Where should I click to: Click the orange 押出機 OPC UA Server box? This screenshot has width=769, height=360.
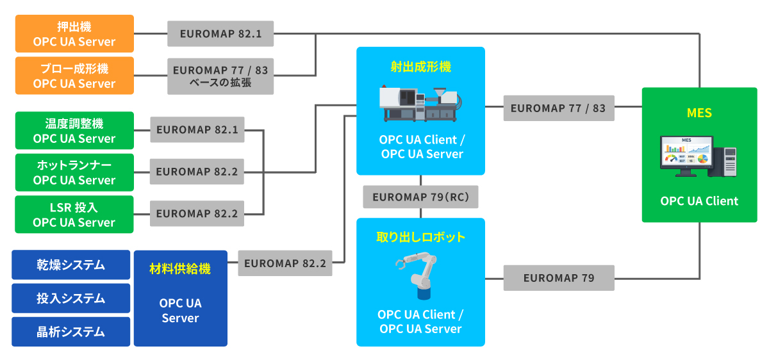[74, 33]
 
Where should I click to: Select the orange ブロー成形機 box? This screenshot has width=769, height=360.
[74, 76]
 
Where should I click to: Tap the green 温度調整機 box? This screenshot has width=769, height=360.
[74, 131]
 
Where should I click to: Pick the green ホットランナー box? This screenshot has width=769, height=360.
[74, 172]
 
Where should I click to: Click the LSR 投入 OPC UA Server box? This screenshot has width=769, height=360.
[74, 214]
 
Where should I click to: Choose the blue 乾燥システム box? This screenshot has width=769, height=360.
[70, 265]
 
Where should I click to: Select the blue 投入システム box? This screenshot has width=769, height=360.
[70, 299]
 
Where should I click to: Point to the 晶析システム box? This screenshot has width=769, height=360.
[70, 332]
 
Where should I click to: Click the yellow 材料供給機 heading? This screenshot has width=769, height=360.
[180, 268]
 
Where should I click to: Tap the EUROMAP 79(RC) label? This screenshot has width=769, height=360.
[420, 197]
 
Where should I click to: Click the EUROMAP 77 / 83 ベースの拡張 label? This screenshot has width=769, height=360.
[220, 76]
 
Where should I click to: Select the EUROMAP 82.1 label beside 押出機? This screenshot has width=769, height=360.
[220, 33]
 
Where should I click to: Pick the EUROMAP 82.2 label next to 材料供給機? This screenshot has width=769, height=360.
[285, 263]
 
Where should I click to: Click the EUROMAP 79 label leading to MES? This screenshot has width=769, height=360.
[559, 278]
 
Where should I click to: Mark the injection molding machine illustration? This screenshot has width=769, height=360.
[420, 104]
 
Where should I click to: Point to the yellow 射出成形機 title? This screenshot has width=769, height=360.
[420, 66]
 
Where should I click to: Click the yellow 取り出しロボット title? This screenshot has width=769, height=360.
[420, 237]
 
